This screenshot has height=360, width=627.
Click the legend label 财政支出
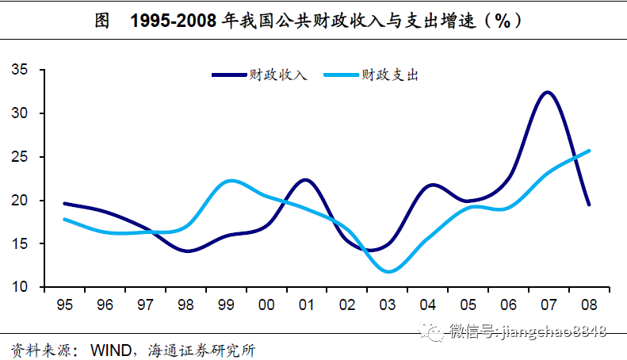tap(389, 75)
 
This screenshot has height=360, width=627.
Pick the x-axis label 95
tap(65, 304)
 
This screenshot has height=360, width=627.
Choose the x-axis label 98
tap(186, 304)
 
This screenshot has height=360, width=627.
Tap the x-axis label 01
tap(307, 304)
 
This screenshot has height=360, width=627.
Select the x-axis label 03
tap(388, 304)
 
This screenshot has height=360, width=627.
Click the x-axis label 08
tap(589, 304)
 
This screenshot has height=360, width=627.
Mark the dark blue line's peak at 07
tap(547, 93)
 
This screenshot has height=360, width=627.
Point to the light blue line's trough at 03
tap(388, 272)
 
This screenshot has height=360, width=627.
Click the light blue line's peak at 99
tap(229, 181)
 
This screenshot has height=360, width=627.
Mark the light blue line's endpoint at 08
tap(589, 151)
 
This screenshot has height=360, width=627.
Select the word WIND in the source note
tap(109, 349)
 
